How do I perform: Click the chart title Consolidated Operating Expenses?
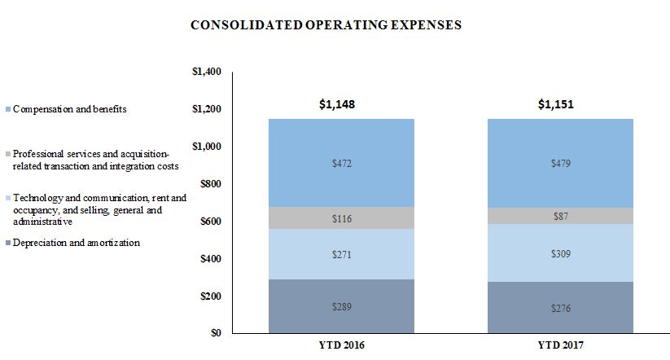[x=326, y=25]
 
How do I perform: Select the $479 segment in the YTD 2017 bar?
[x=560, y=164]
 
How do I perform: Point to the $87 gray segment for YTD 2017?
[x=560, y=216]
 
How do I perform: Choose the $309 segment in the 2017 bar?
[x=560, y=253]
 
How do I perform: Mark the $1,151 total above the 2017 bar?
[x=560, y=104]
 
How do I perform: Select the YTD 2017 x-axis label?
[x=560, y=346]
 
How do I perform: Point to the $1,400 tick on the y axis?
[x=207, y=72]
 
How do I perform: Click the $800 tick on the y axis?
[x=210, y=184]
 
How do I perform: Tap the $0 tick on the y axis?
[x=216, y=333]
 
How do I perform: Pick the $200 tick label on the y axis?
[x=210, y=296]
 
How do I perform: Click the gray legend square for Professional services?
[x=7, y=153]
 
